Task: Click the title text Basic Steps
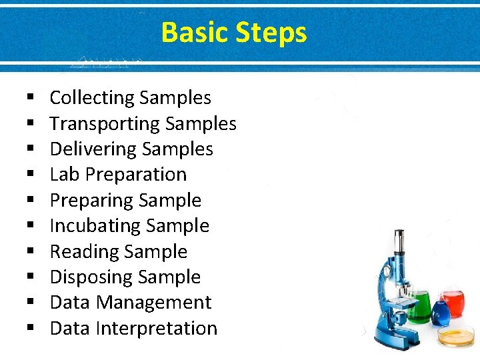234,32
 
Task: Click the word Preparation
137,175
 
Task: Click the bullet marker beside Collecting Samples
31,99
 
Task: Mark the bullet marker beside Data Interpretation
31,329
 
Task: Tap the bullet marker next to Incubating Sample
31,227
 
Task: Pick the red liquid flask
455,303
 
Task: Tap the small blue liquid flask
440,313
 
